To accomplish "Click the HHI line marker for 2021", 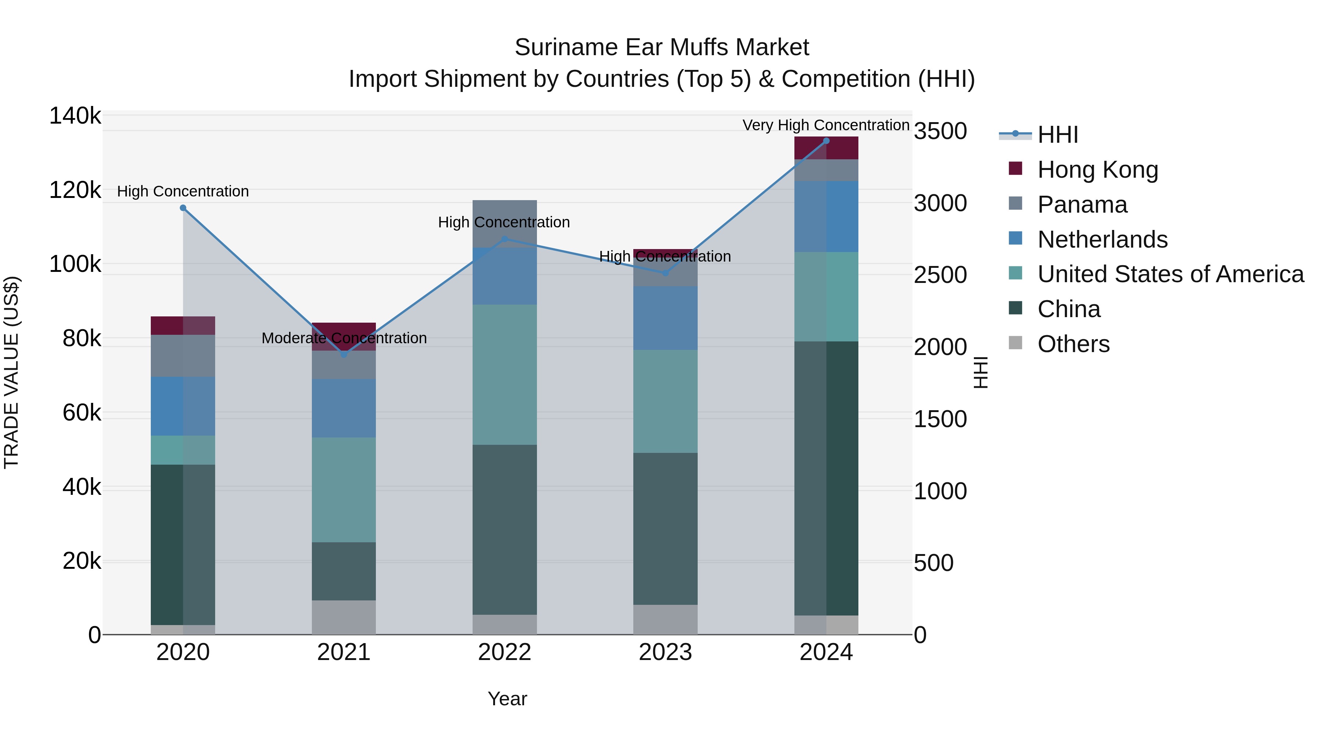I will [344, 354].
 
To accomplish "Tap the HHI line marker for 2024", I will [826, 141].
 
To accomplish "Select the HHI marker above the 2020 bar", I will [183, 208].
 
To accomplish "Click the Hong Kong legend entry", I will [1097, 170].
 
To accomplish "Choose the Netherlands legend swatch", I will [1015, 238].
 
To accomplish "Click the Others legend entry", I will [1073, 344].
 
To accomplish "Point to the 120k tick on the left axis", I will [75, 191].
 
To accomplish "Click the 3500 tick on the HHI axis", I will [940, 131].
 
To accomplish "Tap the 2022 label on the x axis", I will [504, 652].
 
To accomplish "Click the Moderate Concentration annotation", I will [344, 338].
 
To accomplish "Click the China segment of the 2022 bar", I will [504, 529].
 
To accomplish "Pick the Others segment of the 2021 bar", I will [344, 617].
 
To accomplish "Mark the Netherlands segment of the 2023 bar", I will [665, 318].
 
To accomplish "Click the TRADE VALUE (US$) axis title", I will [11, 372].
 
